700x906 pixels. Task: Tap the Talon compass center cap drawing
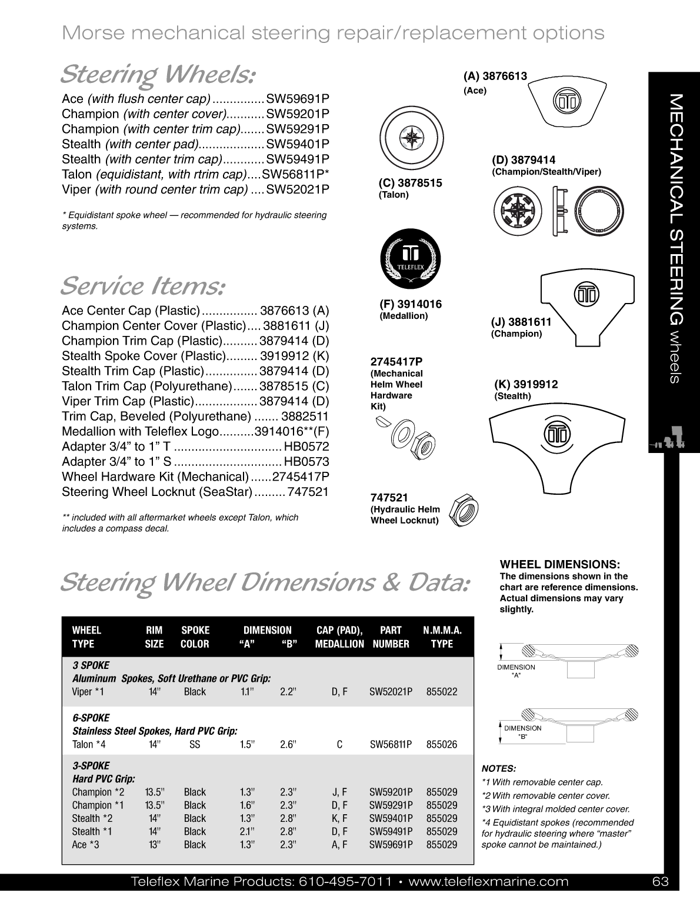[408, 140]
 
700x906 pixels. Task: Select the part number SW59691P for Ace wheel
[298, 99]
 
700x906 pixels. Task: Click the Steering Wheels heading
[158, 75]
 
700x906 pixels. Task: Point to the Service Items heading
[142, 287]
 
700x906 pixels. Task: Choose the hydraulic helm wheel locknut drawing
[464, 509]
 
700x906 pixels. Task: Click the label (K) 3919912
[526, 385]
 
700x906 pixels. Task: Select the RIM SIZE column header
[154, 637]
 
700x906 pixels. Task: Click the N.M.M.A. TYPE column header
[442, 637]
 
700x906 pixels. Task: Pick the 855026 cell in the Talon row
[442, 744]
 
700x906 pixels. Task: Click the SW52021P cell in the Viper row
[391, 692]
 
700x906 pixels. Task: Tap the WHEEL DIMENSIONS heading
[560, 564]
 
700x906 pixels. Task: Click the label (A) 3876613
[495, 76]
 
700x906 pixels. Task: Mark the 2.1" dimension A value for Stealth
[247, 831]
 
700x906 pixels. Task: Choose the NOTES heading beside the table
[499, 768]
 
